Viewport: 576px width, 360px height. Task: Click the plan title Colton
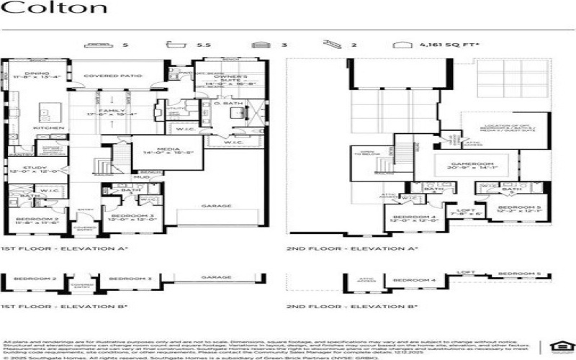(x=55, y=9)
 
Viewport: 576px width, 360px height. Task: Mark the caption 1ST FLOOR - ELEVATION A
(x=65, y=248)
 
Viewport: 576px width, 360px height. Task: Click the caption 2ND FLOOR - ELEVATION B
(x=352, y=307)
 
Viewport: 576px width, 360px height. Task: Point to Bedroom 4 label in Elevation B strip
(x=415, y=279)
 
